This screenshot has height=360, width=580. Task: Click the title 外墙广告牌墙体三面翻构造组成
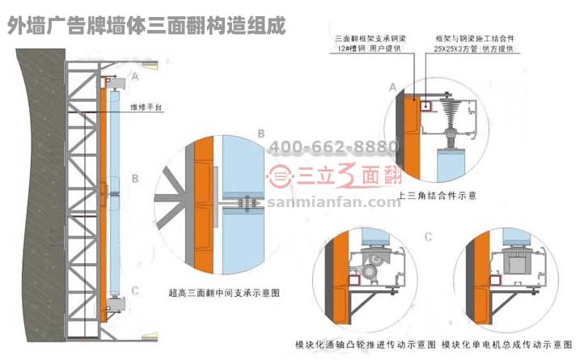(146, 25)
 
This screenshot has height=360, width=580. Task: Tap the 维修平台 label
(145, 105)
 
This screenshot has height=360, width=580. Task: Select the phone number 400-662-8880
(333, 146)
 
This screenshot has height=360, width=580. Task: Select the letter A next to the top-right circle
(393, 85)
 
